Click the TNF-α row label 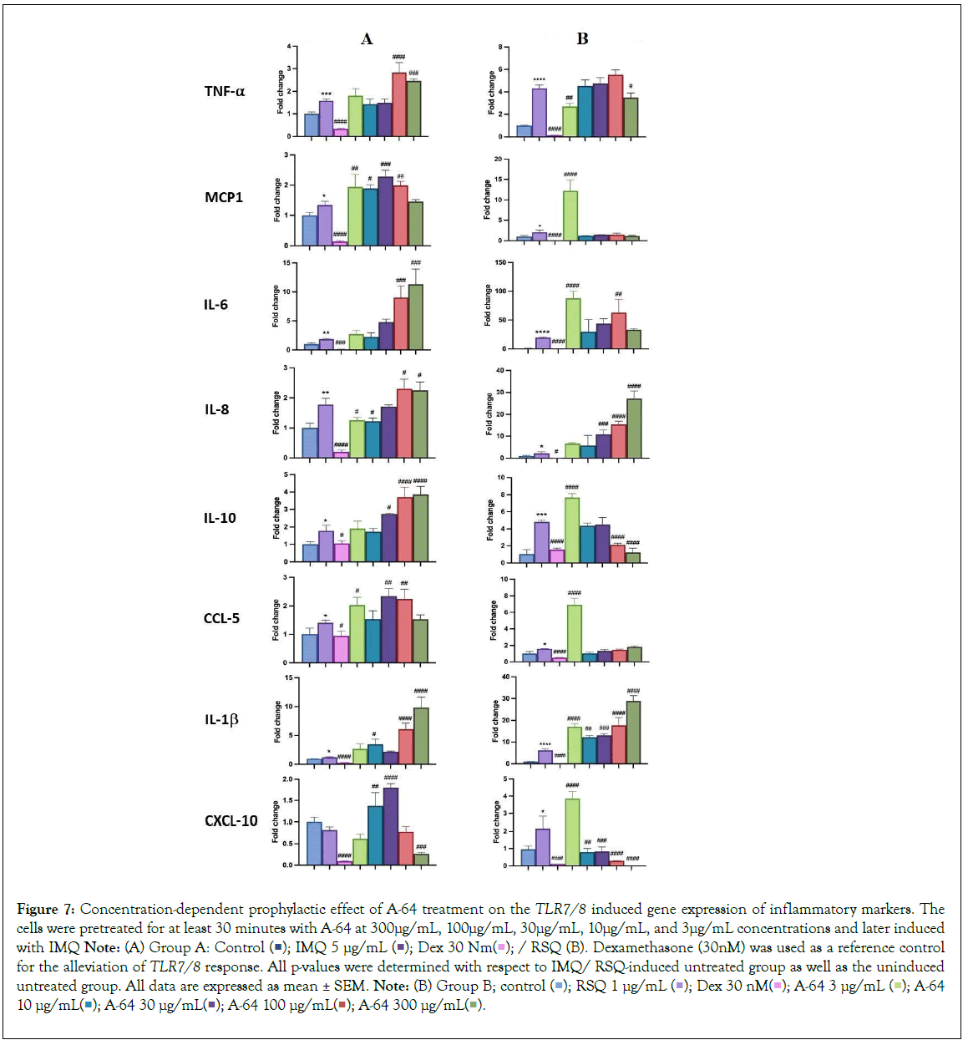(224, 91)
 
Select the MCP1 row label (224, 197)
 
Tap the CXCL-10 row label (231, 821)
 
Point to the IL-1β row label (221, 719)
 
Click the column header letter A (367, 39)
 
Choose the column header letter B (582, 39)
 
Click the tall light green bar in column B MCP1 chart (570, 216)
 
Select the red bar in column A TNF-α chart (399, 104)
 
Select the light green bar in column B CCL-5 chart (575, 633)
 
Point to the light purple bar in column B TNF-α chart (540, 112)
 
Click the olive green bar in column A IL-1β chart (421, 736)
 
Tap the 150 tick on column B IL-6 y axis (500, 263)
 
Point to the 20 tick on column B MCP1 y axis (498, 159)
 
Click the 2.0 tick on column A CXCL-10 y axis (287, 779)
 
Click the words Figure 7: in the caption (46, 909)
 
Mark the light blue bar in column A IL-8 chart (310, 443)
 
